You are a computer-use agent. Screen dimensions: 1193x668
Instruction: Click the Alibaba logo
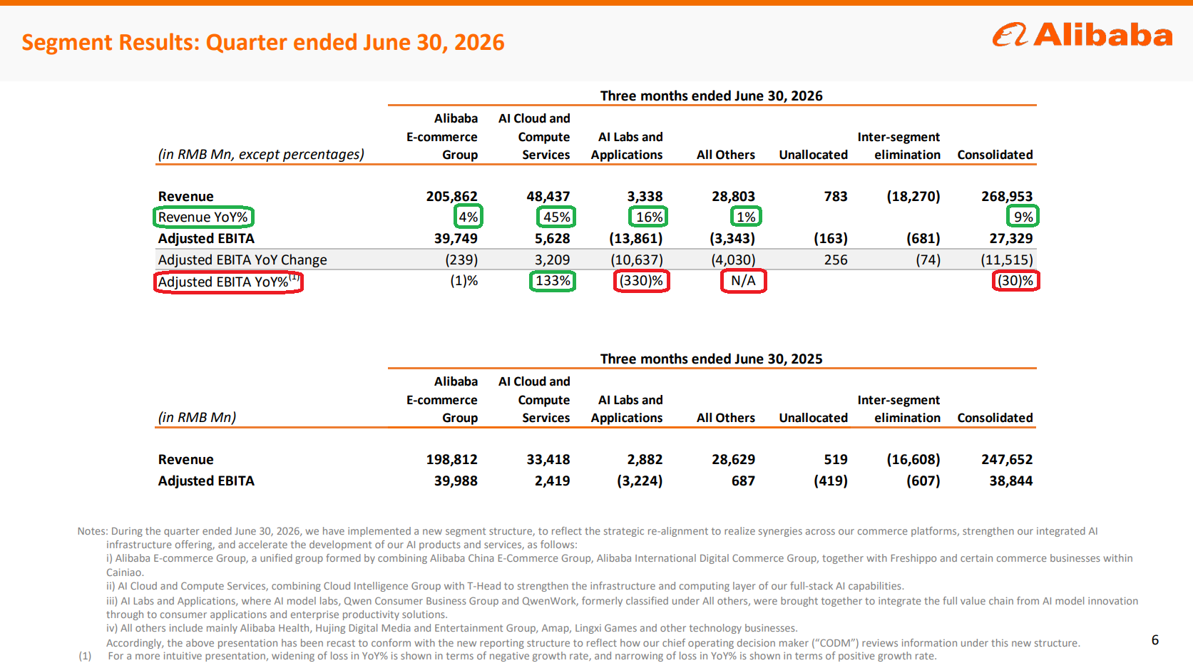1082,35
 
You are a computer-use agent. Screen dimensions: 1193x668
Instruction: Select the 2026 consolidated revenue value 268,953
1007,197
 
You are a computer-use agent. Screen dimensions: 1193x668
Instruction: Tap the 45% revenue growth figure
556,217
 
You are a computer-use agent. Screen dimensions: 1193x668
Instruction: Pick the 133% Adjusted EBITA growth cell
553,280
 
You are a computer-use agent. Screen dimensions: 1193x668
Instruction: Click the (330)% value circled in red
641,280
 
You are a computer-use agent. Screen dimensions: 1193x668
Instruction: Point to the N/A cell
743,280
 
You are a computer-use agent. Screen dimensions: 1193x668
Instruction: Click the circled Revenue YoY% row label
203,217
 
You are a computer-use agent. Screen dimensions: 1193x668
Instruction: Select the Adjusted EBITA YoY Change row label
242,260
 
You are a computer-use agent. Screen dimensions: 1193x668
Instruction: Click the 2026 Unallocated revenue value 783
835,197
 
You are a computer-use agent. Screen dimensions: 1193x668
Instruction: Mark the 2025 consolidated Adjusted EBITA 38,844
1011,481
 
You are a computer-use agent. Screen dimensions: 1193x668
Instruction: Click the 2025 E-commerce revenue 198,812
451,459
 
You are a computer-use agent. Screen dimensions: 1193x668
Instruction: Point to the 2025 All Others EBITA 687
743,481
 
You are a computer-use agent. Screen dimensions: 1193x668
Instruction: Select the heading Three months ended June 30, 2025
711,359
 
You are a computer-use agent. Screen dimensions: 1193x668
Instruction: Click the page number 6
1154,639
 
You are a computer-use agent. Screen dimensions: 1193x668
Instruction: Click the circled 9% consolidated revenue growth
1023,217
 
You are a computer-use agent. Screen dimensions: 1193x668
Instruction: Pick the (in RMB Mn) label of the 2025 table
197,417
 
